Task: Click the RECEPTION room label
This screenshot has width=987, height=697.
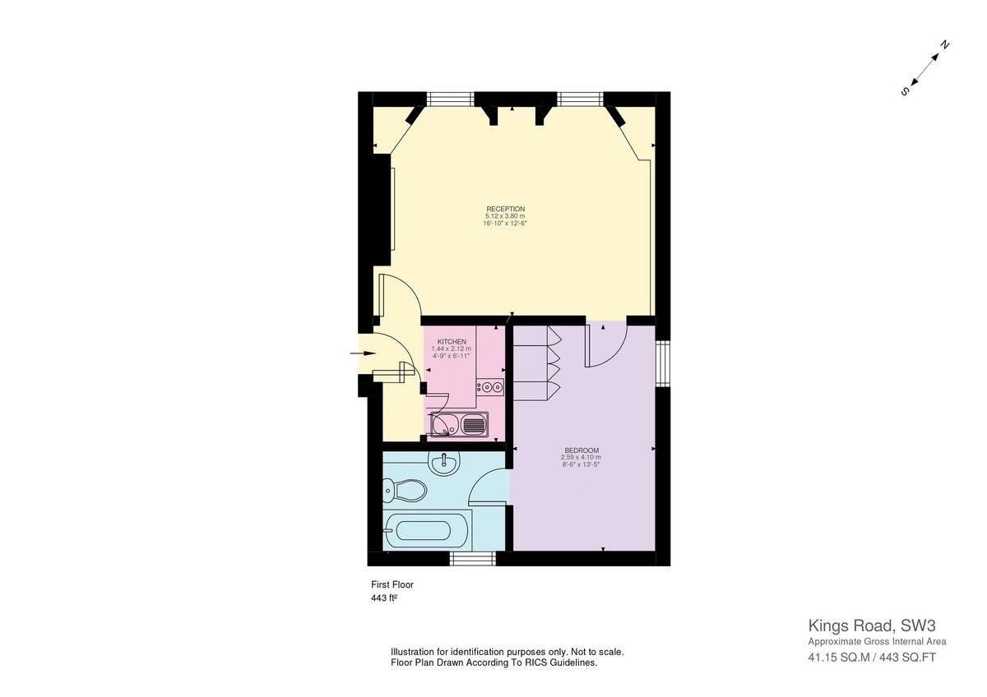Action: coord(505,209)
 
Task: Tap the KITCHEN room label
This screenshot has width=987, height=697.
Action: coord(452,341)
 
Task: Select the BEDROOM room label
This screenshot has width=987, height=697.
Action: coord(582,450)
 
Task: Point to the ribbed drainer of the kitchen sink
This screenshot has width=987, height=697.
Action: coord(475,425)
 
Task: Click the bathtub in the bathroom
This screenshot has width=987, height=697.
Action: coord(429,530)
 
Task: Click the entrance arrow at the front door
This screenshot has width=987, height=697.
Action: coord(362,353)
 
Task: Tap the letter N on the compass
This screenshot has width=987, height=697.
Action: coord(945,45)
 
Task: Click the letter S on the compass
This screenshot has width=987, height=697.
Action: coord(905,91)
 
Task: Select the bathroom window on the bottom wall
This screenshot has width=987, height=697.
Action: coord(472,559)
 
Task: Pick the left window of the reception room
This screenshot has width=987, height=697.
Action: coord(451,99)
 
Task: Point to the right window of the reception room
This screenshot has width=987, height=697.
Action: coord(581,99)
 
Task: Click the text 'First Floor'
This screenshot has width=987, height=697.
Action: coord(392,584)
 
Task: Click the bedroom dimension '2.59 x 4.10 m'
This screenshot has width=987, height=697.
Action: coord(582,457)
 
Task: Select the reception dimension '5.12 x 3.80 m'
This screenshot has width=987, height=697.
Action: coord(505,216)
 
